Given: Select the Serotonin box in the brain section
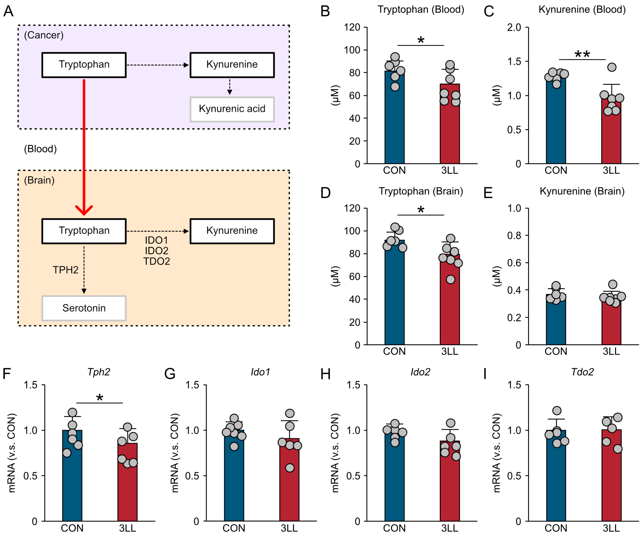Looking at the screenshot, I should [x=84, y=308].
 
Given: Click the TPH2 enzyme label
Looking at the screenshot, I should [x=66, y=270].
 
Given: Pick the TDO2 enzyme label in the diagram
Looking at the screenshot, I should [x=156, y=261].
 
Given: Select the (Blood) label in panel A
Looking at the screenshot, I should [x=40, y=149].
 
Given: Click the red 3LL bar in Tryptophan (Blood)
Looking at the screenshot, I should [x=450, y=129].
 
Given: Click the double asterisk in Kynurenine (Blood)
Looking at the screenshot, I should [x=582, y=55].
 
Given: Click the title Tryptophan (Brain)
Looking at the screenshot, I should [x=421, y=191].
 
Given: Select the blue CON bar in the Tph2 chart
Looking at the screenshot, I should [x=72, y=478].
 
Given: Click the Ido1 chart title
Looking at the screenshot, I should [x=260, y=372].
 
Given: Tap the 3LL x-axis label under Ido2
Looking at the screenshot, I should [x=450, y=528].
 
